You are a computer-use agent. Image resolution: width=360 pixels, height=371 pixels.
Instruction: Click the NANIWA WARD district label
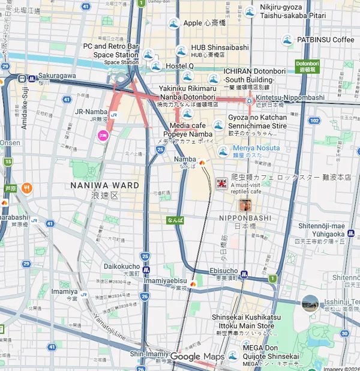[x=105, y=185]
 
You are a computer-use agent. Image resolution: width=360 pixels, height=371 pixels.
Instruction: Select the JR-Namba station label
[x=91, y=112]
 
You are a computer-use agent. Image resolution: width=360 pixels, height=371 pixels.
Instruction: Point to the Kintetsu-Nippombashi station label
[x=290, y=97]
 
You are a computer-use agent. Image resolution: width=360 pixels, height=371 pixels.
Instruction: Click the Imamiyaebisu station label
[x=166, y=280]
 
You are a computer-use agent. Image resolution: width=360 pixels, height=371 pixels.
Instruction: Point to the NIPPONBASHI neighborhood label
[x=245, y=217]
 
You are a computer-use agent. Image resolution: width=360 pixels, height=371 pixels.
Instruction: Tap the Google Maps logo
[x=197, y=357]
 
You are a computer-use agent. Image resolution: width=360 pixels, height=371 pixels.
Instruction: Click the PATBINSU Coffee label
[x=326, y=40]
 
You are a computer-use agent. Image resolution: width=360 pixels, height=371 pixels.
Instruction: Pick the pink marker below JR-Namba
[x=103, y=136]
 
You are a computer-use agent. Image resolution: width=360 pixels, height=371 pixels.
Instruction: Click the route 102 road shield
[x=314, y=120]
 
